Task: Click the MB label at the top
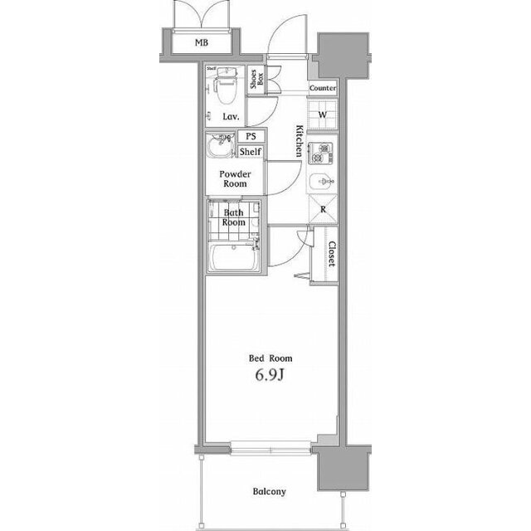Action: point(202,42)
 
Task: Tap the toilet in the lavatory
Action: point(226,85)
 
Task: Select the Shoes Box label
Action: point(256,80)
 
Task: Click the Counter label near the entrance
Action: point(323,88)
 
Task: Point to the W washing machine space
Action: point(323,114)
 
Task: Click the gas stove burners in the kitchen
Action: point(320,153)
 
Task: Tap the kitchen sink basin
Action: point(322,182)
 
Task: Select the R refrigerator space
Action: point(323,209)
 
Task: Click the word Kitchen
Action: point(300,141)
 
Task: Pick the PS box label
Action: point(251,136)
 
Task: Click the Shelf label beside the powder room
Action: point(251,152)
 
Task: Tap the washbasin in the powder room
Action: point(221,145)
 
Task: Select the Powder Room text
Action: point(235,179)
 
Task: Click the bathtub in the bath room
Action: point(234,256)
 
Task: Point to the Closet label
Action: point(332,254)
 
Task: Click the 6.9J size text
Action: point(269,375)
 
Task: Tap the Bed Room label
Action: point(270,358)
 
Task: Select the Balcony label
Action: point(269,491)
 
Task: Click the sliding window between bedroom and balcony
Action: point(270,448)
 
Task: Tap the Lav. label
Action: point(231,117)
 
